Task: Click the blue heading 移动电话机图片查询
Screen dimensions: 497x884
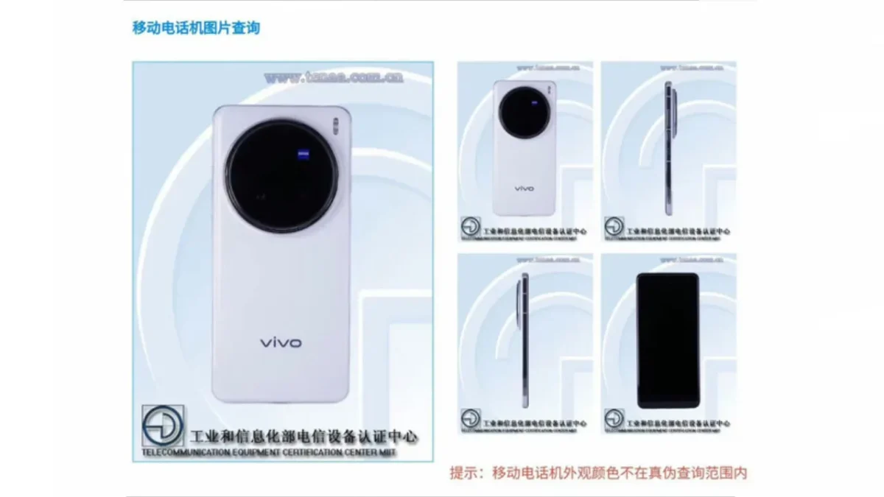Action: (x=196, y=29)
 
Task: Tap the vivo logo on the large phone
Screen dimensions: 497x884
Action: (x=280, y=342)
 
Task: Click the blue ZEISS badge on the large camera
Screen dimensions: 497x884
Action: (x=303, y=155)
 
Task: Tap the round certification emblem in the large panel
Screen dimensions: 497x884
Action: (x=163, y=426)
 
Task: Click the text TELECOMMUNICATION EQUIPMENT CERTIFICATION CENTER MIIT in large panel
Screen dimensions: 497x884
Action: (x=269, y=451)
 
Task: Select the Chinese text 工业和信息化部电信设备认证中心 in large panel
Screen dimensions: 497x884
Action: (x=304, y=436)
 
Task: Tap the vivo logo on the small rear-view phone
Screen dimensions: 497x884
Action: (x=524, y=188)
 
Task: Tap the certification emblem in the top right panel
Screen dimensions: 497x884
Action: (x=614, y=226)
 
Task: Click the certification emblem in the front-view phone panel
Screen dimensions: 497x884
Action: (x=614, y=418)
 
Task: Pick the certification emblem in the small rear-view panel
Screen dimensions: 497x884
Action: (x=470, y=226)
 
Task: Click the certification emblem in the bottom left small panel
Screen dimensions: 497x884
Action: (x=470, y=418)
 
